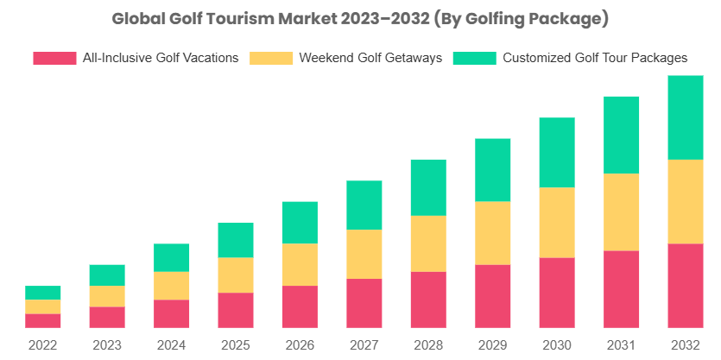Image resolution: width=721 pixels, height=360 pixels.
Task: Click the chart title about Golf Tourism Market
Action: [360, 18]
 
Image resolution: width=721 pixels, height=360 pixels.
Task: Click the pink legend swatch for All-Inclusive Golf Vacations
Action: [54, 59]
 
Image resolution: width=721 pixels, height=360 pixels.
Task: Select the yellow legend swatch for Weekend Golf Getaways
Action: [270, 59]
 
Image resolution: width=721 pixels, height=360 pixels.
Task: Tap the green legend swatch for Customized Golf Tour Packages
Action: [475, 59]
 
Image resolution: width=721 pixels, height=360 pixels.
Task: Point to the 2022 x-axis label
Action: [42, 344]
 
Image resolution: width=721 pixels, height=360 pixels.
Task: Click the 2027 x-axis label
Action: [364, 344]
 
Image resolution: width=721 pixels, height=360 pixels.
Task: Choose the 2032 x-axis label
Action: [685, 344]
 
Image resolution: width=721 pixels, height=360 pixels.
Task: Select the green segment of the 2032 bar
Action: [685, 117]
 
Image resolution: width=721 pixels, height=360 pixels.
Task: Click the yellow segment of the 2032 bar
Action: [685, 201]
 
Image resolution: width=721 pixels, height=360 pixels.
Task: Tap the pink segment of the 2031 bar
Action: [621, 289]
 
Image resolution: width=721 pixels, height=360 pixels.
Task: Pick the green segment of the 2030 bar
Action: [557, 152]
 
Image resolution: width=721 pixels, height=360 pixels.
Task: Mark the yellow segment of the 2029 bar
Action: [492, 233]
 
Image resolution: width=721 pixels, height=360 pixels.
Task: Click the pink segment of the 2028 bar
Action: [428, 300]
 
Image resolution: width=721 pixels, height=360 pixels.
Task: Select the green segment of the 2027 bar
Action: [364, 205]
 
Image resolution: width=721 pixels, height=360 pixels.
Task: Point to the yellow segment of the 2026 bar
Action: [300, 264]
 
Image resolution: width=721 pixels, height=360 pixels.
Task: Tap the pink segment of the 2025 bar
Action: [236, 310]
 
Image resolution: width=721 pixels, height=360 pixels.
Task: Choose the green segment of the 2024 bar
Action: [171, 257]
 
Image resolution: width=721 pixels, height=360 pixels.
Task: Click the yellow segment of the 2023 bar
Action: [107, 296]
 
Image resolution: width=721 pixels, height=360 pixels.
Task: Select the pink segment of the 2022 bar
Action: [42, 320]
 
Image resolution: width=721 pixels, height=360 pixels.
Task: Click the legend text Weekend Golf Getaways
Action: [370, 59]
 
